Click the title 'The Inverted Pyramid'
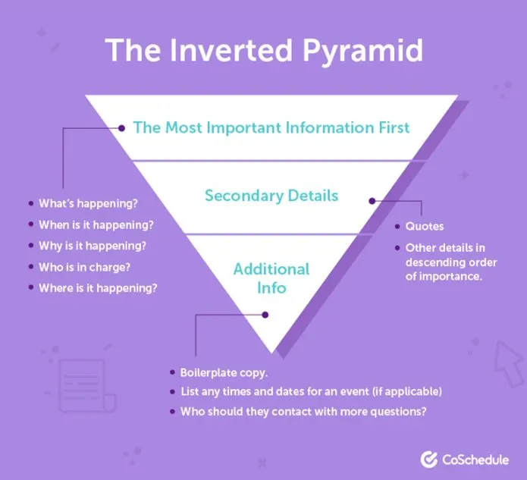coord(264,49)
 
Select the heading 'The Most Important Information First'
coord(271,127)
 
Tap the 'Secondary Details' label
coord(271,196)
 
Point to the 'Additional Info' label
coord(271,278)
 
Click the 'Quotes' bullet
coord(425,226)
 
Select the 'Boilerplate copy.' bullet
coord(224,373)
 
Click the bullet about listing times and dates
coord(311,392)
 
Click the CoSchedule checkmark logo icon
coord(429,459)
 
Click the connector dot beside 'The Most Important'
coord(121,128)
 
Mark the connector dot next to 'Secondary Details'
coord(372,201)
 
